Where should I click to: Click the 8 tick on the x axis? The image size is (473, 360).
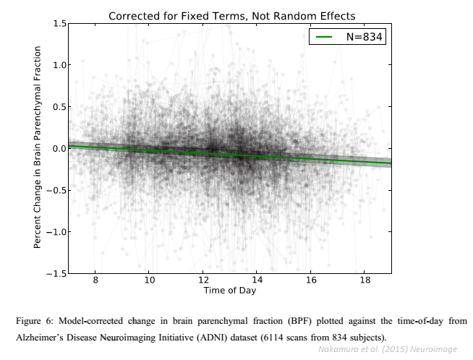click(95, 281)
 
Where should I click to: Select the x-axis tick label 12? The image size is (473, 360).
click(203, 281)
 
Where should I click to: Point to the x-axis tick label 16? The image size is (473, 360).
click(311, 281)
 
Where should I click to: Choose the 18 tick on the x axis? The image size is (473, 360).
click(365, 281)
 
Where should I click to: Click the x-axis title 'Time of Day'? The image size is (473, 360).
click(229, 291)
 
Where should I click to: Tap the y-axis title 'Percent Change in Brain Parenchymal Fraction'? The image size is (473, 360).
click(38, 148)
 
